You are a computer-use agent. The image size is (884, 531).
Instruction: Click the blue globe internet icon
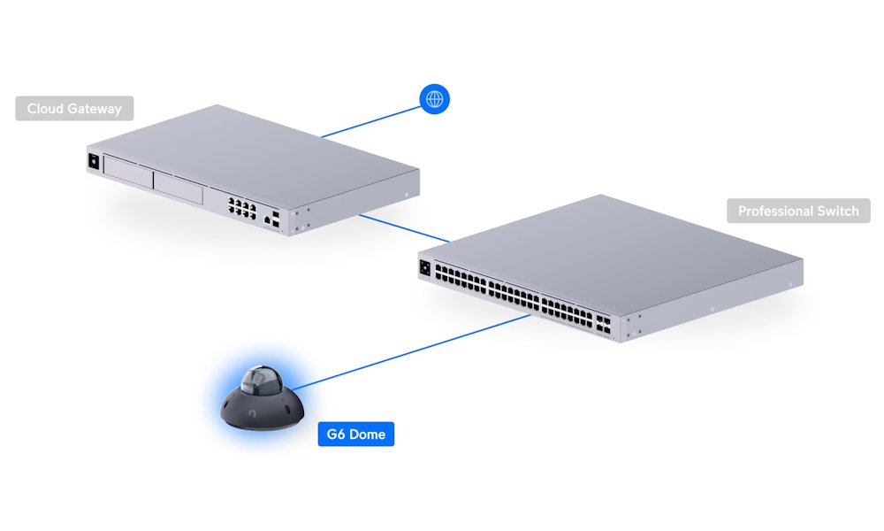click(x=434, y=99)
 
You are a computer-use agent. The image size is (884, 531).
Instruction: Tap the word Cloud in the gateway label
click(x=45, y=109)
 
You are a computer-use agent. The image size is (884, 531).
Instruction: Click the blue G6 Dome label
click(x=355, y=435)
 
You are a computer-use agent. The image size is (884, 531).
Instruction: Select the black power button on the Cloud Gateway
click(x=92, y=161)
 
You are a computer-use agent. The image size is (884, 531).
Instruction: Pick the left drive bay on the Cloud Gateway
click(x=127, y=173)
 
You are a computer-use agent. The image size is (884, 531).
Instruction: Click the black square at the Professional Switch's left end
click(x=426, y=268)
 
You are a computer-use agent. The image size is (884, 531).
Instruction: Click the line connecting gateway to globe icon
click(x=371, y=122)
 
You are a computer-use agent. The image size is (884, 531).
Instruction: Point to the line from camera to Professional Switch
click(x=415, y=351)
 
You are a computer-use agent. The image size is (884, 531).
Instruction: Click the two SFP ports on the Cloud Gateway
click(x=277, y=219)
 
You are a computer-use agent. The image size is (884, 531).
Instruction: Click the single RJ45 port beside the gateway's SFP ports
click(x=265, y=216)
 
